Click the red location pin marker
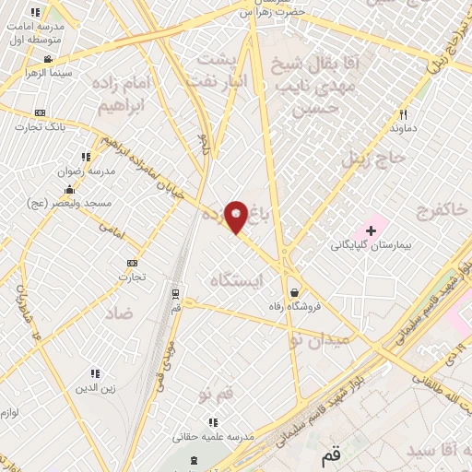tap(236, 217)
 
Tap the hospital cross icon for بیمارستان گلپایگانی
tap(372, 229)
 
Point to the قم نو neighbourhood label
tap(218, 393)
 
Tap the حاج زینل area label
tap(374, 158)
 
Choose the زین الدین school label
tap(96, 388)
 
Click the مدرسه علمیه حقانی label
tap(213, 436)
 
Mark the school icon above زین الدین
tap(94, 373)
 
